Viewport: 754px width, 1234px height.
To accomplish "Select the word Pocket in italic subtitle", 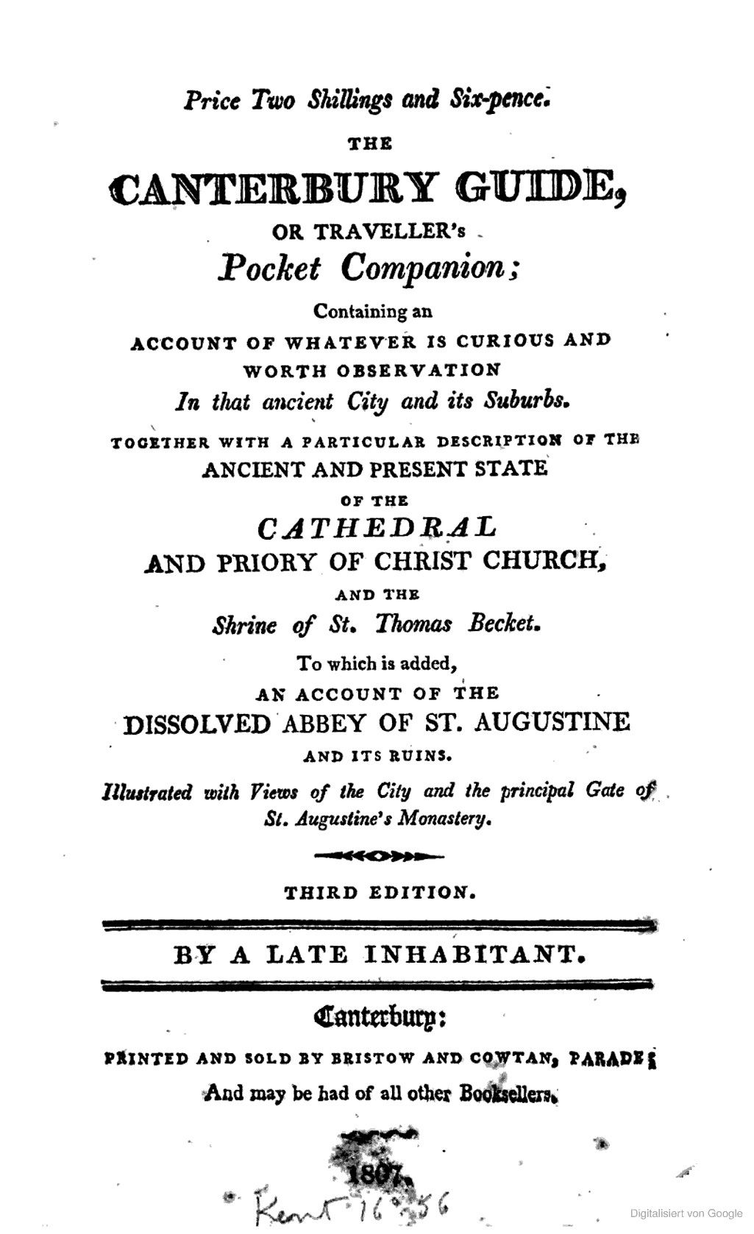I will click(x=269, y=269).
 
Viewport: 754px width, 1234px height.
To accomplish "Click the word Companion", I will click(x=429, y=269).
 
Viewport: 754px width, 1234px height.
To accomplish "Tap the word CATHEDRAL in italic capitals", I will click(x=376, y=527).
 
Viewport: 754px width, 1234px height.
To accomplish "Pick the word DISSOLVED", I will click(x=196, y=724).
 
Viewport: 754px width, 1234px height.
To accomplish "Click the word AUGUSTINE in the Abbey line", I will click(x=552, y=722).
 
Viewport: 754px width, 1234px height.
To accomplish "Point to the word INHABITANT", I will click(x=472, y=955).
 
